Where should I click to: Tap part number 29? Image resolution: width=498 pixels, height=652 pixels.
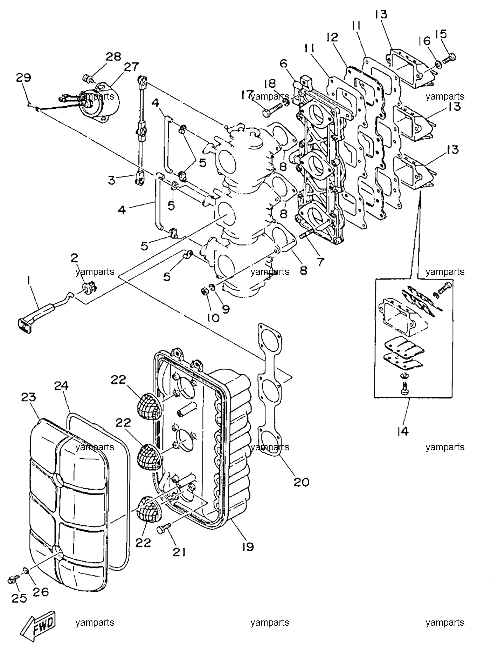point(23,78)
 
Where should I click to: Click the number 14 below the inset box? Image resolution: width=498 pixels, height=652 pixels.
point(403,431)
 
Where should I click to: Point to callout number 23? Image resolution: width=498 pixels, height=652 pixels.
point(29,398)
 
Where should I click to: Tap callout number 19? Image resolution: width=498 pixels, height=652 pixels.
point(248,546)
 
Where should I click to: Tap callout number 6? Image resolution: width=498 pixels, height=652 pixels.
point(283,63)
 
